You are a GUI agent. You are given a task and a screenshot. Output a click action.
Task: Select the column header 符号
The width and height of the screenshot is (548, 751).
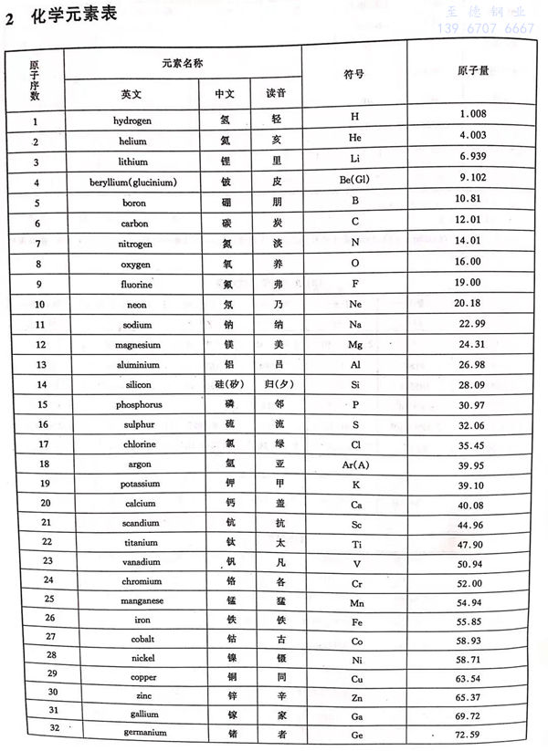click(354, 74)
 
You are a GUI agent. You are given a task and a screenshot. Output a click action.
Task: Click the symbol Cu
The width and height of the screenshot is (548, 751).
click(356, 679)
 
